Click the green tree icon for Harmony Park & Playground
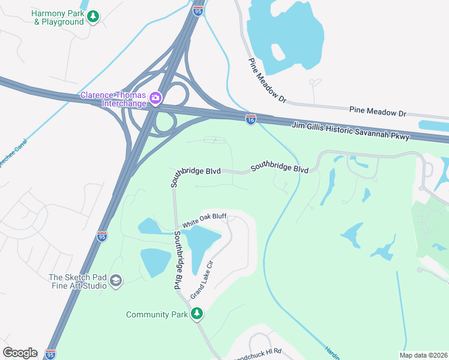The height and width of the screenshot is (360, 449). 93,16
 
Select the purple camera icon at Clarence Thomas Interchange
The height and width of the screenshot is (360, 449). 155,97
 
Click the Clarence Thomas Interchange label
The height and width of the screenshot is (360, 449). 114,98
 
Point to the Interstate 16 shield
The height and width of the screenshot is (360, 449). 250,119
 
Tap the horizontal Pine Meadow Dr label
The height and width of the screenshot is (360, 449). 378,112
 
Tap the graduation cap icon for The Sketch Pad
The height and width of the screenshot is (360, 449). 116,281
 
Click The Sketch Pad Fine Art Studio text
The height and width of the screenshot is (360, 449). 77,281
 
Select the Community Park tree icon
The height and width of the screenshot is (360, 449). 197,314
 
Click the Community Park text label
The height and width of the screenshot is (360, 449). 157,314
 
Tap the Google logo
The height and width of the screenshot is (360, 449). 20,352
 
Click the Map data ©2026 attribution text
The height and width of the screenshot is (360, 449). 423,355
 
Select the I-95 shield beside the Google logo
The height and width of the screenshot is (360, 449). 51,355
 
